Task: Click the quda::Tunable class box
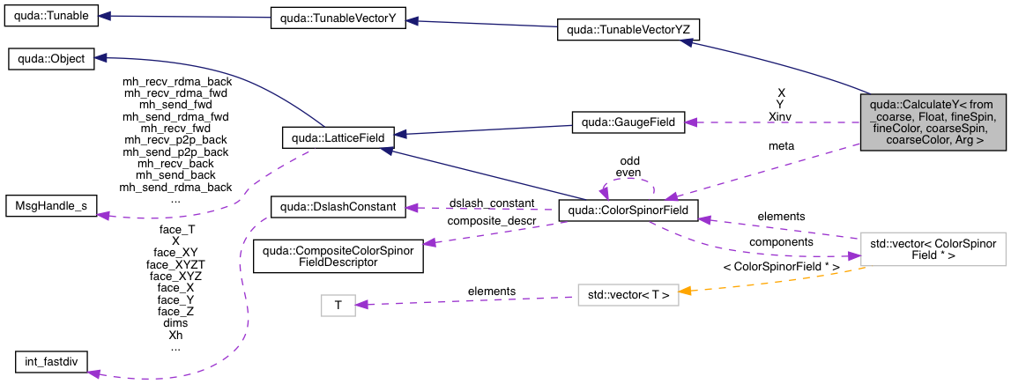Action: (51, 18)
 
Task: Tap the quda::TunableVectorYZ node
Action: (628, 31)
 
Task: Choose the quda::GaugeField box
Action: (628, 122)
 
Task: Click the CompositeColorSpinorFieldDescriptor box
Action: (338, 256)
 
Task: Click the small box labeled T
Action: (337, 306)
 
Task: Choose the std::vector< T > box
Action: (628, 294)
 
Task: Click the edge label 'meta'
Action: (781, 145)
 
